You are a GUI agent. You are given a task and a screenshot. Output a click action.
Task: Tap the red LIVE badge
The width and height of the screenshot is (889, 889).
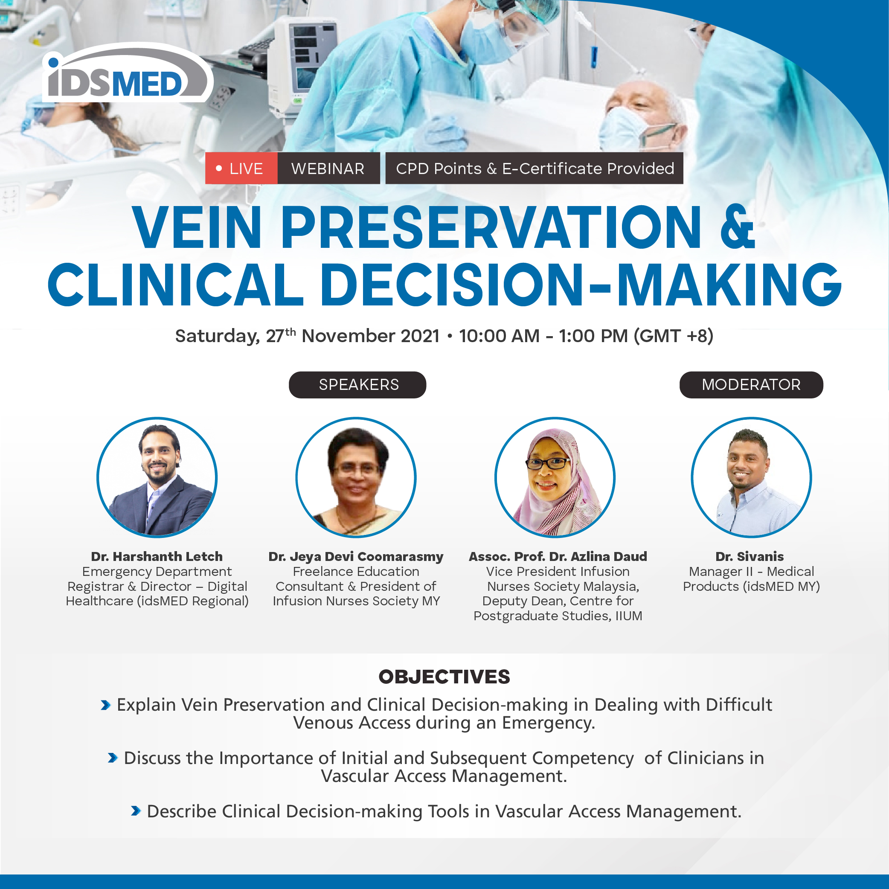(241, 169)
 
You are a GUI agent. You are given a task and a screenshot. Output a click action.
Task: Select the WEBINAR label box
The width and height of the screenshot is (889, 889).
(328, 169)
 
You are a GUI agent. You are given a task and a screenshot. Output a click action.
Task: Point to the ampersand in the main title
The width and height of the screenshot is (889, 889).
(738, 227)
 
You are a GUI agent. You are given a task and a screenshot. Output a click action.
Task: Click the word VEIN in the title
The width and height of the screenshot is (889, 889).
(197, 227)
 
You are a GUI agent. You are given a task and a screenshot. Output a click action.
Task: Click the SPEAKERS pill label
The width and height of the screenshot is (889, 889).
(357, 385)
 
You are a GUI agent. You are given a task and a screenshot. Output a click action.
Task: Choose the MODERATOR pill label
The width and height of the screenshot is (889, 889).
(751, 385)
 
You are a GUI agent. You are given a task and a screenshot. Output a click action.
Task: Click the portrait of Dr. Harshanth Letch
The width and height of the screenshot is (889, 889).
(157, 477)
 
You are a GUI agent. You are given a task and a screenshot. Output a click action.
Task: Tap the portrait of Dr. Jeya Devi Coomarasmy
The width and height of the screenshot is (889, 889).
(356, 477)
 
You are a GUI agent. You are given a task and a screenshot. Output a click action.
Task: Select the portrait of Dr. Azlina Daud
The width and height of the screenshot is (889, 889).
(555, 477)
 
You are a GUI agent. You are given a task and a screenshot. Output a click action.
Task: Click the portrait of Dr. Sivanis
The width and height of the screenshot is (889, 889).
(751, 477)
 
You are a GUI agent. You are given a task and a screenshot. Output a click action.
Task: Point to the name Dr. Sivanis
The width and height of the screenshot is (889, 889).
(750, 556)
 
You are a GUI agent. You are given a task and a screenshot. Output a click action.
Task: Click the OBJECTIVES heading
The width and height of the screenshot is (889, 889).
(444, 677)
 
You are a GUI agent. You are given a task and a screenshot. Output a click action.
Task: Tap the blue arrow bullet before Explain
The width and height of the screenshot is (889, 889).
(106, 705)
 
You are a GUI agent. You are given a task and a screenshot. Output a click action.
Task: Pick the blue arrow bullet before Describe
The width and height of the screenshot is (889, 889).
(136, 811)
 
